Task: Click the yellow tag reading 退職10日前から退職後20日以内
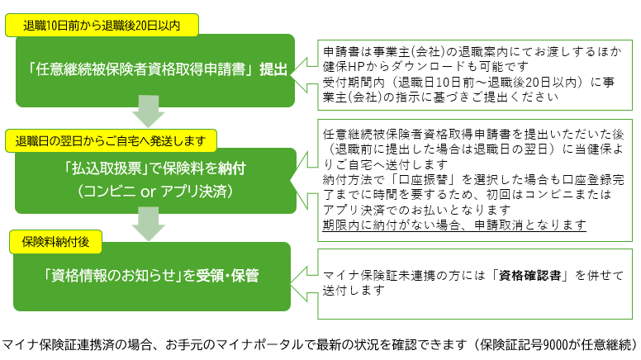(x=102, y=26)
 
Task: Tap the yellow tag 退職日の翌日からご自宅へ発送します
(x=111, y=141)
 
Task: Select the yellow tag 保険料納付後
(x=55, y=242)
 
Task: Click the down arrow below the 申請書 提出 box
(x=149, y=111)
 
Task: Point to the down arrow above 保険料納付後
(x=149, y=224)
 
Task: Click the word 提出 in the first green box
(x=273, y=69)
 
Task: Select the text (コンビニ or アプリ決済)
(x=155, y=191)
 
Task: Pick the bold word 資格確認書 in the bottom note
(x=529, y=276)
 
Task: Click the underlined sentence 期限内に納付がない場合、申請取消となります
(x=454, y=225)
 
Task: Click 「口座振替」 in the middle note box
(x=423, y=179)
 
